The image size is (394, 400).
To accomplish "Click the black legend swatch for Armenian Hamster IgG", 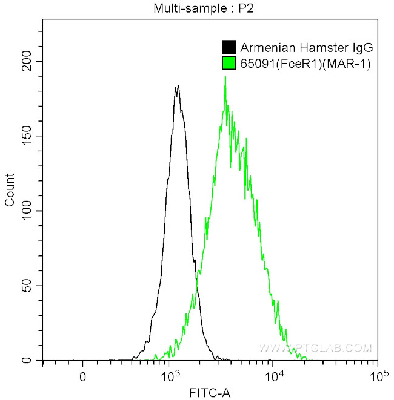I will [229, 47].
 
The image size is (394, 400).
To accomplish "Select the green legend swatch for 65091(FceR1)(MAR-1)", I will [229, 62].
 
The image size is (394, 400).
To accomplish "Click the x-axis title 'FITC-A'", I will [210, 393].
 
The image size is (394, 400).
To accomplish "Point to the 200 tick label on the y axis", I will [25, 61].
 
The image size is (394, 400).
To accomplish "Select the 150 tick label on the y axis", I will [25, 136].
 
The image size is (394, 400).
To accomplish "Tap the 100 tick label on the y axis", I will [25, 211].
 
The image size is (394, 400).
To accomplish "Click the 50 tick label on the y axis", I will [28, 286].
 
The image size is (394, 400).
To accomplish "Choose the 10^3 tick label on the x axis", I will [172, 376].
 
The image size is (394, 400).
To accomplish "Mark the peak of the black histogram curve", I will [177, 86].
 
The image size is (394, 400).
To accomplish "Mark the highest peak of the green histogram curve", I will [225, 77].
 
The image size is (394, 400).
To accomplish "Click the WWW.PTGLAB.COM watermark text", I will [315, 348].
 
